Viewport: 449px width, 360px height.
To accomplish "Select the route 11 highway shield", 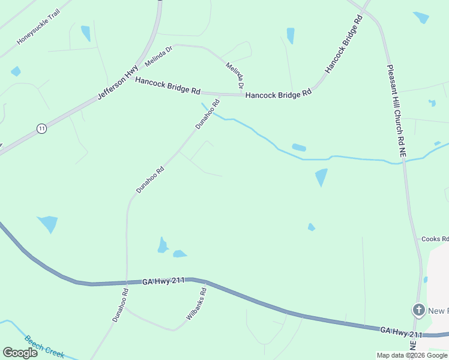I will (x=41, y=128).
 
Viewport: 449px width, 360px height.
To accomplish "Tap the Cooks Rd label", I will (x=435, y=239).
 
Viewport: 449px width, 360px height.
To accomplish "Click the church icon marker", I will (x=418, y=310).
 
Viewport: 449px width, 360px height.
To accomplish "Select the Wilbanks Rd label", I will (x=196, y=304).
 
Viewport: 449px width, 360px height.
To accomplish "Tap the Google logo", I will (x=20, y=353).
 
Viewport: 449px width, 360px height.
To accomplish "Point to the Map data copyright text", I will (x=412, y=355).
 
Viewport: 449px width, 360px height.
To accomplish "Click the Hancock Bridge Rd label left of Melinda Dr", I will (x=167, y=86).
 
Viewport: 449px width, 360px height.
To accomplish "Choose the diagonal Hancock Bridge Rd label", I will (x=344, y=44).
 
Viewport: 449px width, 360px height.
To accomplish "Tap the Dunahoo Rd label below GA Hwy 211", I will (x=121, y=305).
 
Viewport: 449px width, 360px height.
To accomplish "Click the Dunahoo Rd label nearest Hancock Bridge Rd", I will (x=204, y=115).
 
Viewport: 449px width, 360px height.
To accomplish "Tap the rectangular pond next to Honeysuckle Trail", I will (x=85, y=33).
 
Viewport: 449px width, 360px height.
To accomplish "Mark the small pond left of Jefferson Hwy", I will (x=16, y=71).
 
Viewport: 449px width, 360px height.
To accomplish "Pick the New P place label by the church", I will (x=438, y=310).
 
